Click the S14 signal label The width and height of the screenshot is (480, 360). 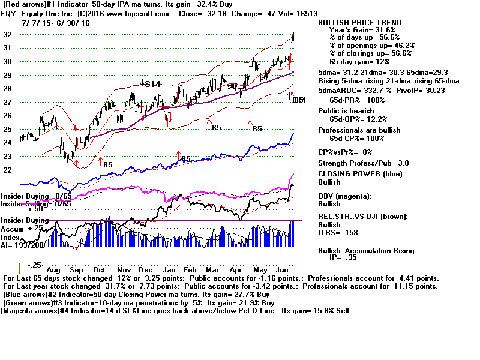[152, 85]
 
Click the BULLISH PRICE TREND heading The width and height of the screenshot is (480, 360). [359, 23]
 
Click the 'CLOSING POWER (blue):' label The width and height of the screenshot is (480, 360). [360, 174]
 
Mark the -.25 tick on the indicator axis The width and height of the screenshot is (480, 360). [35, 265]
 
